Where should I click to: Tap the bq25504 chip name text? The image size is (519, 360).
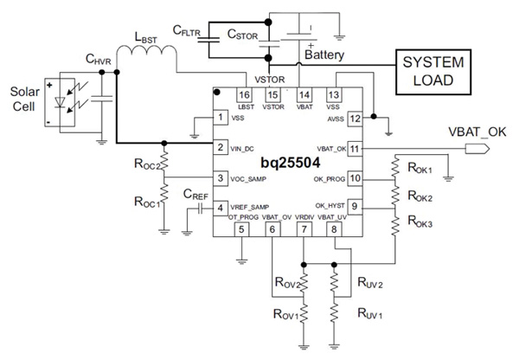[x=286, y=164]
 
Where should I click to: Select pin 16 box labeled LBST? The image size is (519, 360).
[x=244, y=95]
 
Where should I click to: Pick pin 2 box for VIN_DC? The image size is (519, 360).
[x=221, y=148]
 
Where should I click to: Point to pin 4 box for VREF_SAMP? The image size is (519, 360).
[x=221, y=208]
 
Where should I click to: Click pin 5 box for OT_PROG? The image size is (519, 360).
[x=242, y=229]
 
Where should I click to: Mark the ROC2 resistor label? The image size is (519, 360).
[x=146, y=164]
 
